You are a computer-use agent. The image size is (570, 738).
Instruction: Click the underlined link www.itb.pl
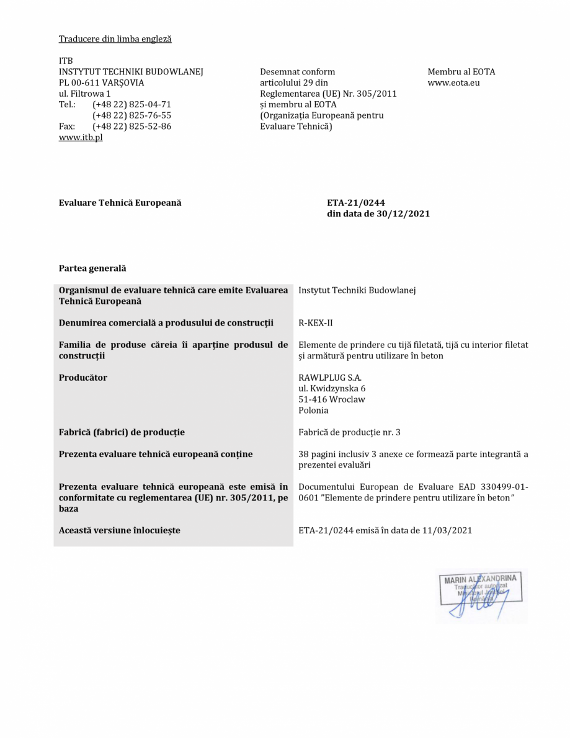pos(81,137)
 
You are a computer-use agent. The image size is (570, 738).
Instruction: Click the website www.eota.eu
pos(453,82)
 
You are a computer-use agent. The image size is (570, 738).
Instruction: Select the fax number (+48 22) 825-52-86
pos(131,126)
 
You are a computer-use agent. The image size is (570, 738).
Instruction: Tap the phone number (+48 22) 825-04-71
pos(131,104)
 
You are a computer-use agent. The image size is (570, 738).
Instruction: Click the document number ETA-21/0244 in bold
pos(356,203)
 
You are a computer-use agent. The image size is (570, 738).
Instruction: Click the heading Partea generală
pos(92,269)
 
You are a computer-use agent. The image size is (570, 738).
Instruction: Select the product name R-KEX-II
pos(316,323)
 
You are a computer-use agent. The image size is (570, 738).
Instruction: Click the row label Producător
pos(83,378)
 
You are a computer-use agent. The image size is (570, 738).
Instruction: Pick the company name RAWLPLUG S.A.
pos(330,378)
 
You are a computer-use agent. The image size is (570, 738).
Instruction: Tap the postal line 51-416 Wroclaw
pos(332,399)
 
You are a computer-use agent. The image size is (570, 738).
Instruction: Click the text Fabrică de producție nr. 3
pos(349,432)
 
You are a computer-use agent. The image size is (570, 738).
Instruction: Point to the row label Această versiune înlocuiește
pos(120,530)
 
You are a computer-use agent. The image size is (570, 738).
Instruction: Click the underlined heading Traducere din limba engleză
pos(115,39)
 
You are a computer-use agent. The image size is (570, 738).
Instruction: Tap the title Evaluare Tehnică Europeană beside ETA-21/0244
pos(120,203)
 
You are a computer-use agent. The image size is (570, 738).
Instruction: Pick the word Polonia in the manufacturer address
pos(314,411)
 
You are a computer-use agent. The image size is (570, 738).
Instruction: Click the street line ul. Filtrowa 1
pos(85,94)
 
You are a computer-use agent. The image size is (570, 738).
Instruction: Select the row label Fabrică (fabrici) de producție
pos(122,432)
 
